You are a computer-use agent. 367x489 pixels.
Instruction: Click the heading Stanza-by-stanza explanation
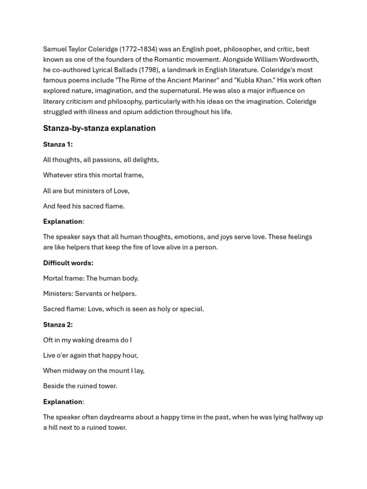pos(99,128)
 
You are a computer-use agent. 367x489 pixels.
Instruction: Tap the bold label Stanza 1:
pos(58,144)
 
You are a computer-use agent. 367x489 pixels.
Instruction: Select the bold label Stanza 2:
pos(58,324)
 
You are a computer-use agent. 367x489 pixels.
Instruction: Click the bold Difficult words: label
pos(68,263)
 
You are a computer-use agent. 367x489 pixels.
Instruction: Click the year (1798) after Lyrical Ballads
pos(148,70)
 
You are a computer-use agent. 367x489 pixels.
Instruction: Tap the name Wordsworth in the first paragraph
pos(298,60)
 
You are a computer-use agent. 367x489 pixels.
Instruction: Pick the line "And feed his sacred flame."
pos(84,206)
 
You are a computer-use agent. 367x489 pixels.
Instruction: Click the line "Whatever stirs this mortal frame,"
pos(93,175)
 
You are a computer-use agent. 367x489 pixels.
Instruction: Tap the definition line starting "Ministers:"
pos(90,293)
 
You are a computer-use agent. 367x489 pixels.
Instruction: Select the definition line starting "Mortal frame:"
pos(91,278)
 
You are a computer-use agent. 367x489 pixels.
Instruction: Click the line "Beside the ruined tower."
pos(80,386)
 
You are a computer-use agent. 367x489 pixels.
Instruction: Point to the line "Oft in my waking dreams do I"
pos(87,340)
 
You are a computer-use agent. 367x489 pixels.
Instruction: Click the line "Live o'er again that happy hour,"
pos(90,355)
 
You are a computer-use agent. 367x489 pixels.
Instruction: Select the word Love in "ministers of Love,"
pos(121,191)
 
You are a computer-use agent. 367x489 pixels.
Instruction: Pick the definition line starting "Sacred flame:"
pos(123,309)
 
